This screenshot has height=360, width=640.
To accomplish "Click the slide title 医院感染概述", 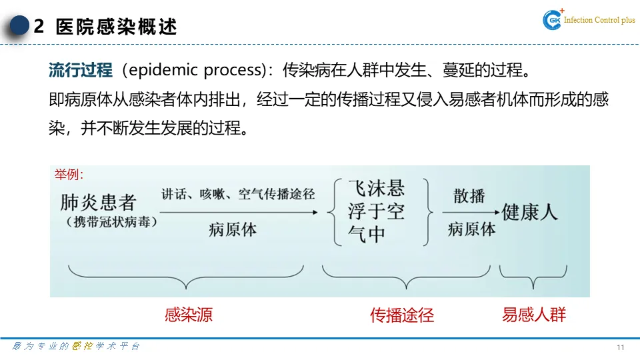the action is (117, 27).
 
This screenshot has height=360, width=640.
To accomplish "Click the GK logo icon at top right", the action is (553, 21).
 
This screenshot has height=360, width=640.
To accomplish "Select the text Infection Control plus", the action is (599, 21).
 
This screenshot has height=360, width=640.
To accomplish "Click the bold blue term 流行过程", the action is (81, 70).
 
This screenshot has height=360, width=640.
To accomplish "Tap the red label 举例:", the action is (69, 175).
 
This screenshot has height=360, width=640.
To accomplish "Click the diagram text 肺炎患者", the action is (98, 202).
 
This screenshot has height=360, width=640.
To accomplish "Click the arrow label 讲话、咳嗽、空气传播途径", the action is (238, 195).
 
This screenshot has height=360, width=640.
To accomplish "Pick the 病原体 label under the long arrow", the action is (233, 230).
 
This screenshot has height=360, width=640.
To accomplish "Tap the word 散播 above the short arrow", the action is (469, 196).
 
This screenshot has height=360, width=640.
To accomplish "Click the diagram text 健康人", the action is (530, 212).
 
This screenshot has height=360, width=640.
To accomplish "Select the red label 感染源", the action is (189, 315).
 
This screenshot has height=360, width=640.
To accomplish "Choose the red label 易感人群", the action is (534, 315).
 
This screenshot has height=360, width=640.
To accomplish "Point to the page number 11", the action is (621, 347).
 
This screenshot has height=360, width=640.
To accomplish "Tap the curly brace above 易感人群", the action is (533, 275).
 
